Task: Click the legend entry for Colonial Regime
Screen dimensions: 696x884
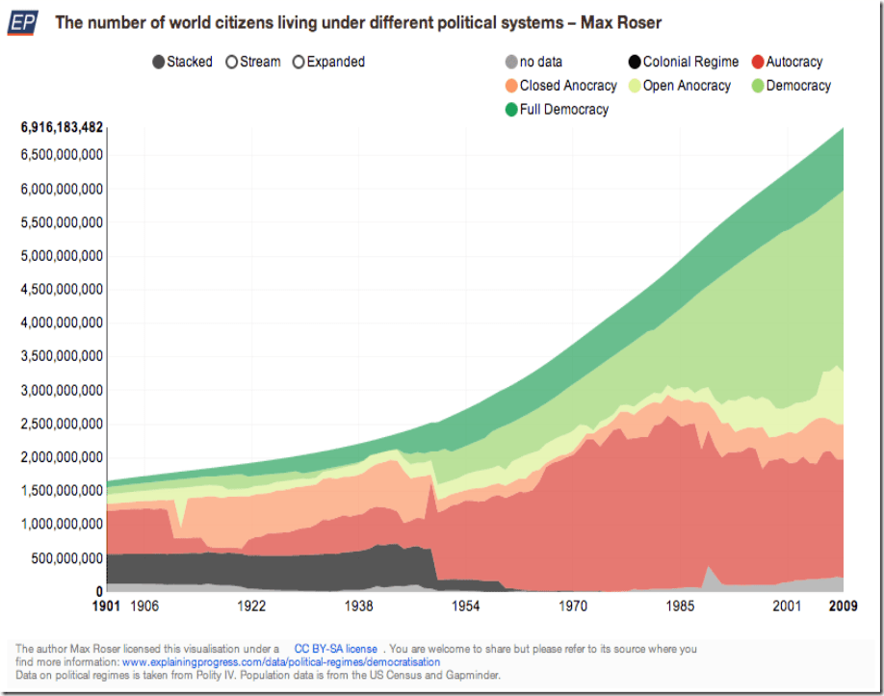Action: (x=682, y=62)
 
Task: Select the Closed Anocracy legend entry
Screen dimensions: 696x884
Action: (x=560, y=86)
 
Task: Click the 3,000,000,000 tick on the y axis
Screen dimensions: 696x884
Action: (x=62, y=390)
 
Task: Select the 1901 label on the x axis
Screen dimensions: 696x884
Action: (x=107, y=606)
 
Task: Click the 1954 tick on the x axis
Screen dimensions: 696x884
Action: (x=466, y=606)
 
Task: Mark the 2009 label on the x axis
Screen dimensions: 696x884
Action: (x=843, y=606)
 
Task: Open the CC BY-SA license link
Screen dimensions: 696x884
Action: (x=335, y=649)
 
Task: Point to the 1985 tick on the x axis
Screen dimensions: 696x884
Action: (x=680, y=606)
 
